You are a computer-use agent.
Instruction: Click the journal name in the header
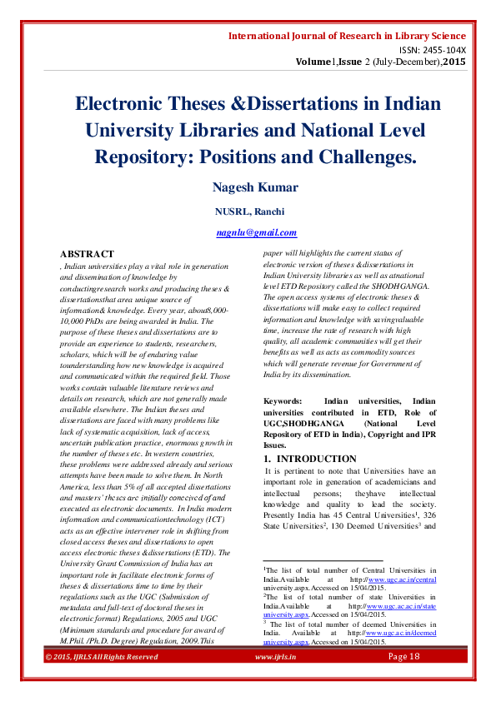point(347,37)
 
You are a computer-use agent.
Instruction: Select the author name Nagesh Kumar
point(256,186)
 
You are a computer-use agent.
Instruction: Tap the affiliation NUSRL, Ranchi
point(255,211)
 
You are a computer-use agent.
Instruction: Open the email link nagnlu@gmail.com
point(256,233)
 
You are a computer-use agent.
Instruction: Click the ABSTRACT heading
point(87,253)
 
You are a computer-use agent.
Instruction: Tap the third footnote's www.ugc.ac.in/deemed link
point(403,633)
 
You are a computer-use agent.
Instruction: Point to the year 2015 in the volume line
point(454,62)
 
